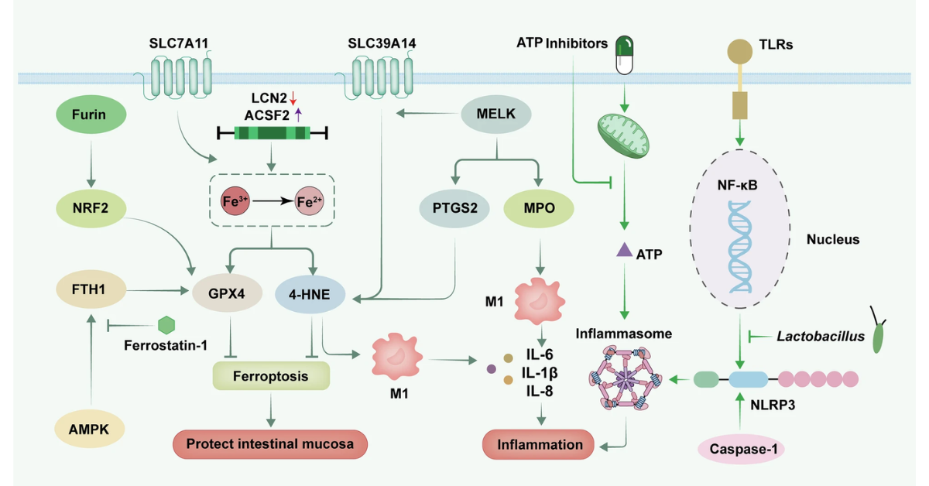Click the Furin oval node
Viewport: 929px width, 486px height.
(91, 116)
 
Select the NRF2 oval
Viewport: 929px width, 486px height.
(91, 209)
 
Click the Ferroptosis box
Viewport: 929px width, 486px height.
(271, 377)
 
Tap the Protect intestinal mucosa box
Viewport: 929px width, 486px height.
(269, 444)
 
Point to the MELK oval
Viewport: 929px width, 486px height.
(495, 116)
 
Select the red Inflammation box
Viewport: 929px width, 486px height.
(539, 445)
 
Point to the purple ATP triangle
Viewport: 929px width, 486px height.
(623, 252)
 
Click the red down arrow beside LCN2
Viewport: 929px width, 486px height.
(293, 98)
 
